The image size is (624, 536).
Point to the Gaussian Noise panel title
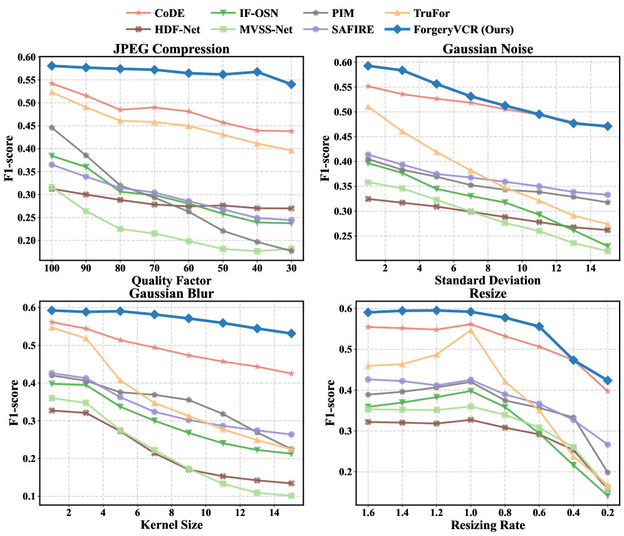coord(486,49)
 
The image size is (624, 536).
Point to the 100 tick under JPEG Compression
coord(52,268)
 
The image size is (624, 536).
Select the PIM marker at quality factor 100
coord(52,127)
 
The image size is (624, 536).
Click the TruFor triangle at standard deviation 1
coord(368,107)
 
